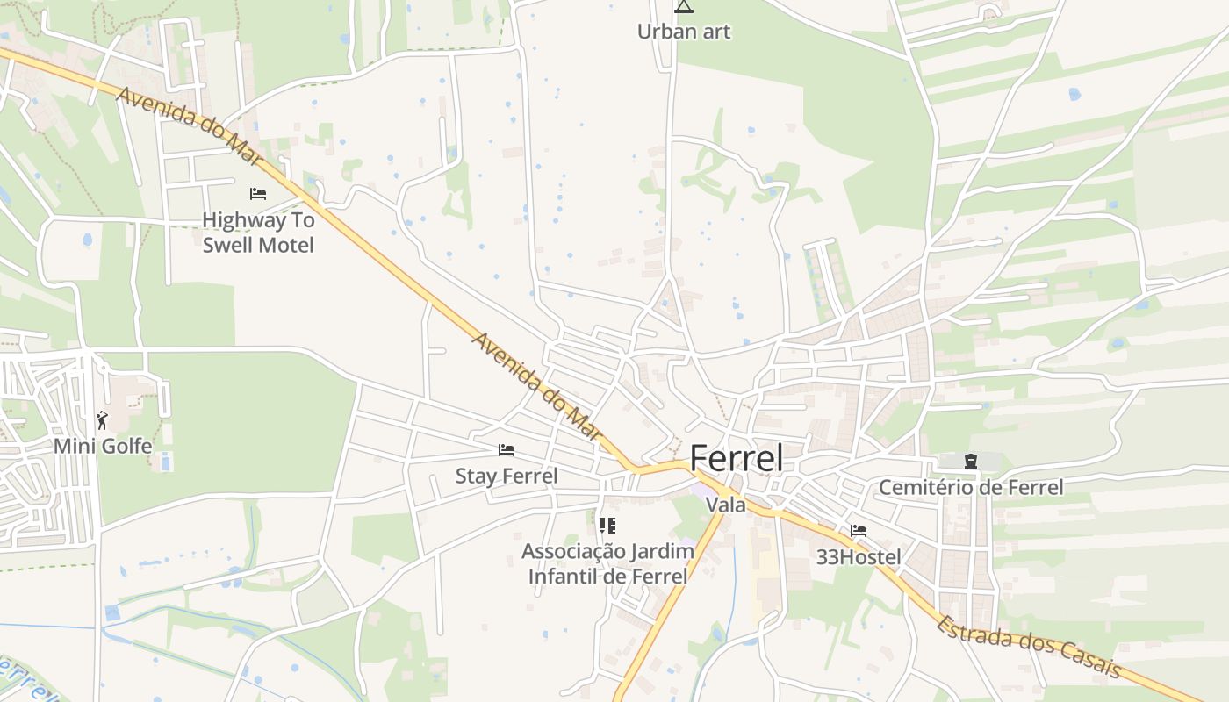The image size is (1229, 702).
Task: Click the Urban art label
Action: tap(683, 32)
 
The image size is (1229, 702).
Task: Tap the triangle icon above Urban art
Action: tap(683, 7)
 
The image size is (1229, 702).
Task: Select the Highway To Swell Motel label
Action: tap(258, 233)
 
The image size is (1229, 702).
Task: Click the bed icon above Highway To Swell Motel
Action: tap(258, 193)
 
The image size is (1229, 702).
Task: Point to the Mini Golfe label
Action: tap(103, 446)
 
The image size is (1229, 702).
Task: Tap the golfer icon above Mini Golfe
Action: tap(103, 420)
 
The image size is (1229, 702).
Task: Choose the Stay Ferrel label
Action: tap(507, 476)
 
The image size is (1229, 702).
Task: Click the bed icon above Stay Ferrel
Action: tap(507, 450)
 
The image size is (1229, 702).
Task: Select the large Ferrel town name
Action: tap(736, 458)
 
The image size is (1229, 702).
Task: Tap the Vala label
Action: tap(726, 505)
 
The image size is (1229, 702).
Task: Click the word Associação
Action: tap(571, 551)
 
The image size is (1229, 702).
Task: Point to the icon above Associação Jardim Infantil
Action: tap(607, 526)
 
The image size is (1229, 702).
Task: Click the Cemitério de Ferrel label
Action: tap(971, 487)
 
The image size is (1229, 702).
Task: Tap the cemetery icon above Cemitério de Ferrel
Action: tap(971, 461)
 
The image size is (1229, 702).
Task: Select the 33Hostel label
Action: tap(859, 556)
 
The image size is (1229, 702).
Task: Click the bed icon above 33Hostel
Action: tap(859, 531)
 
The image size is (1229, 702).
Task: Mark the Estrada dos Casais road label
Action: tap(1028, 648)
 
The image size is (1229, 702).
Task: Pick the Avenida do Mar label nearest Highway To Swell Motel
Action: tap(188, 126)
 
